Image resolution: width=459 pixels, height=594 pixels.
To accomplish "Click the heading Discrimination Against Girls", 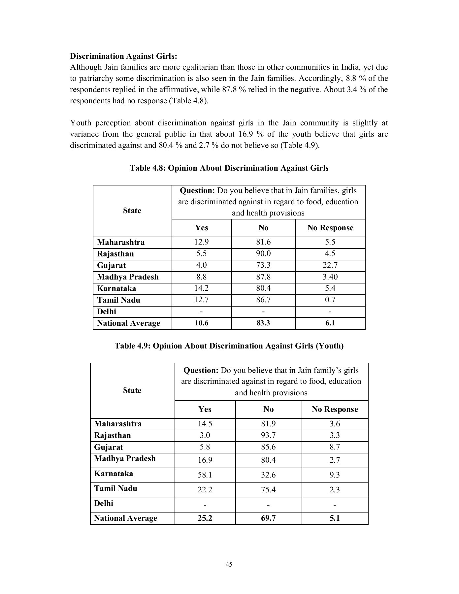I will point(123,56).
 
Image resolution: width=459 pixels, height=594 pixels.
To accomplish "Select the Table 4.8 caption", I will point(229,168).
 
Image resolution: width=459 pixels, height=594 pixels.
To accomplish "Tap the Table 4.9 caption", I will point(229,346).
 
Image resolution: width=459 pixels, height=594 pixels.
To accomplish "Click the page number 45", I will point(229,564).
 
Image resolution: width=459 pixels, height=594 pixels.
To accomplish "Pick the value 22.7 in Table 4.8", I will point(330,265).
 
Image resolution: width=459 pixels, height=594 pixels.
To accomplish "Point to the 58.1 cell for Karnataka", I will point(205,475).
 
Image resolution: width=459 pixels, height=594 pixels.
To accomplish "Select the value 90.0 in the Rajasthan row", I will point(263,254).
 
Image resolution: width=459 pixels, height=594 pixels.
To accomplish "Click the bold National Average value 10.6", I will point(201,323).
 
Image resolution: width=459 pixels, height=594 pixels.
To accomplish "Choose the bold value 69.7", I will point(268,518).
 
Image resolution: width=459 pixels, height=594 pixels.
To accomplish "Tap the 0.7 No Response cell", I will point(330,300).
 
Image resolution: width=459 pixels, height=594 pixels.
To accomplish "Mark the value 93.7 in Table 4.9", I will point(268,435).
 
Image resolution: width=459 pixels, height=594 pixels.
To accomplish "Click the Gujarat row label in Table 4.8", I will point(112,266).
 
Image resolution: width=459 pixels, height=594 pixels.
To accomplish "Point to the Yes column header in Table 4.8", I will point(201,228).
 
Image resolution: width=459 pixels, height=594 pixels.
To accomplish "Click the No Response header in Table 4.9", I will point(335,409).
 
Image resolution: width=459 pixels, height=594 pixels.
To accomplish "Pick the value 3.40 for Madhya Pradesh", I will point(330,277).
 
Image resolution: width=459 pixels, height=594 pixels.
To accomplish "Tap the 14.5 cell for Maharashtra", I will point(205,424).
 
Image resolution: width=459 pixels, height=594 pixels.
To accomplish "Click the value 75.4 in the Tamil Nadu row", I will point(268,490).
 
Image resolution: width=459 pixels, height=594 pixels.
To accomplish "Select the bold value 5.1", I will point(335,518).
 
